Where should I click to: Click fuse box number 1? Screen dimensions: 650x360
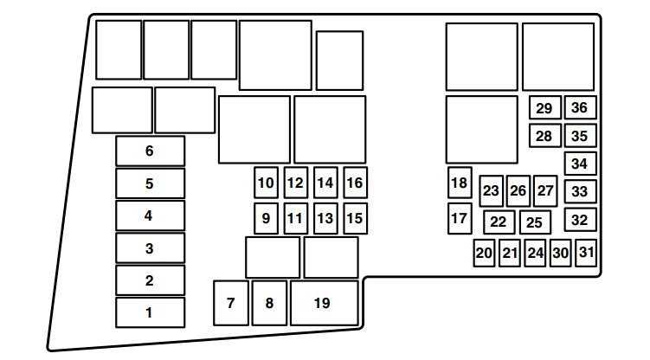pyautogui.click(x=150, y=312)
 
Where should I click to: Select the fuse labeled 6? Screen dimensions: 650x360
pyautogui.click(x=150, y=151)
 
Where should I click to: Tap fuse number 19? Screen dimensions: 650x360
pyautogui.click(x=325, y=303)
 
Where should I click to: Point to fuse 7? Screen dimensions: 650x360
pyautogui.click(x=231, y=303)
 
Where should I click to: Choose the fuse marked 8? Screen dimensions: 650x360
pyautogui.click(x=269, y=303)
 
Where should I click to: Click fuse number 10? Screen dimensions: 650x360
pyautogui.click(x=266, y=183)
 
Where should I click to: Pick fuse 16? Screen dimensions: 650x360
pyautogui.click(x=355, y=183)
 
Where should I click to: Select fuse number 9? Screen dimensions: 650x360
pyautogui.click(x=266, y=218)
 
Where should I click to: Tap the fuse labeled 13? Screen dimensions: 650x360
pyautogui.click(x=325, y=218)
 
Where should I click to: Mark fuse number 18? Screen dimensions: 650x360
pyautogui.click(x=460, y=183)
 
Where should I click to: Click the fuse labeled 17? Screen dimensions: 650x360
pyautogui.click(x=460, y=218)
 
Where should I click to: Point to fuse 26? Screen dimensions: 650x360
pyautogui.click(x=518, y=191)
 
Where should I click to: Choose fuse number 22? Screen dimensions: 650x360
pyautogui.click(x=499, y=222)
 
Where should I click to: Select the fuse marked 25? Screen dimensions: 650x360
pyautogui.click(x=535, y=222)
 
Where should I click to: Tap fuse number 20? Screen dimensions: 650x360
pyautogui.click(x=484, y=253)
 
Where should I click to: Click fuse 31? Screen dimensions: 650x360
pyautogui.click(x=586, y=253)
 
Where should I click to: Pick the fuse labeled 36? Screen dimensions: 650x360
pyautogui.click(x=581, y=107)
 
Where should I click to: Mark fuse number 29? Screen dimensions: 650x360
pyautogui.click(x=545, y=107)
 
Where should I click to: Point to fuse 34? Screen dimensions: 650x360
pyautogui.click(x=581, y=164)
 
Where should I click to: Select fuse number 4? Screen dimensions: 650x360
pyautogui.click(x=150, y=215)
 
